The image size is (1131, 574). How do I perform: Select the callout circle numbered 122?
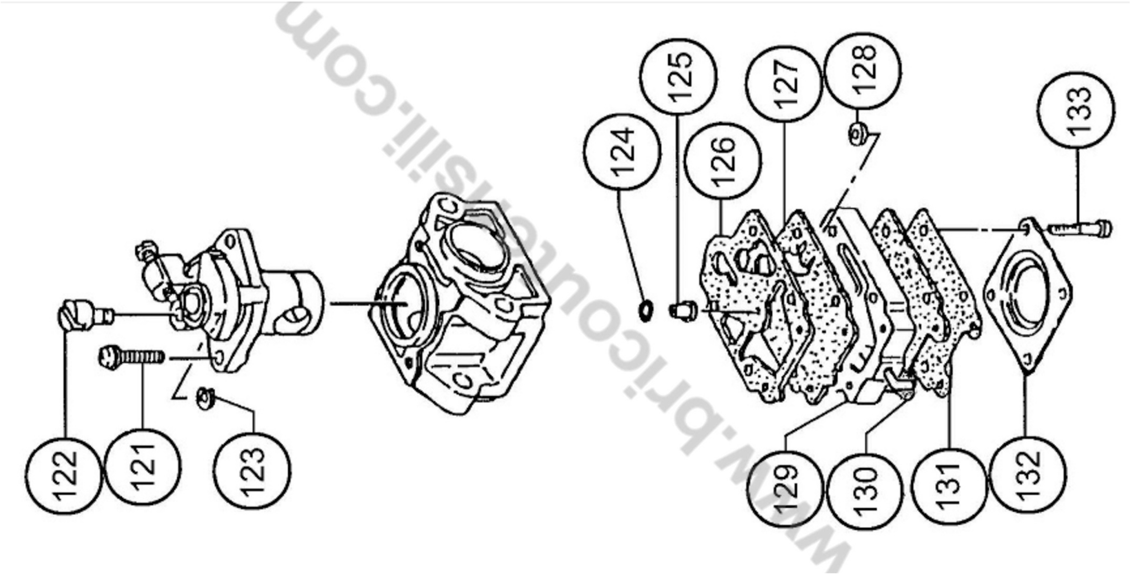(x=63, y=476)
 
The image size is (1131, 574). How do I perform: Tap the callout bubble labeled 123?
(x=252, y=471)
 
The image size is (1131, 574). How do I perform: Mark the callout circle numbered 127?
(x=784, y=83)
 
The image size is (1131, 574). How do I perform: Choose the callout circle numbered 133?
(x=1076, y=110)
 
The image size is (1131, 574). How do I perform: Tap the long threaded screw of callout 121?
(x=131, y=356)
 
